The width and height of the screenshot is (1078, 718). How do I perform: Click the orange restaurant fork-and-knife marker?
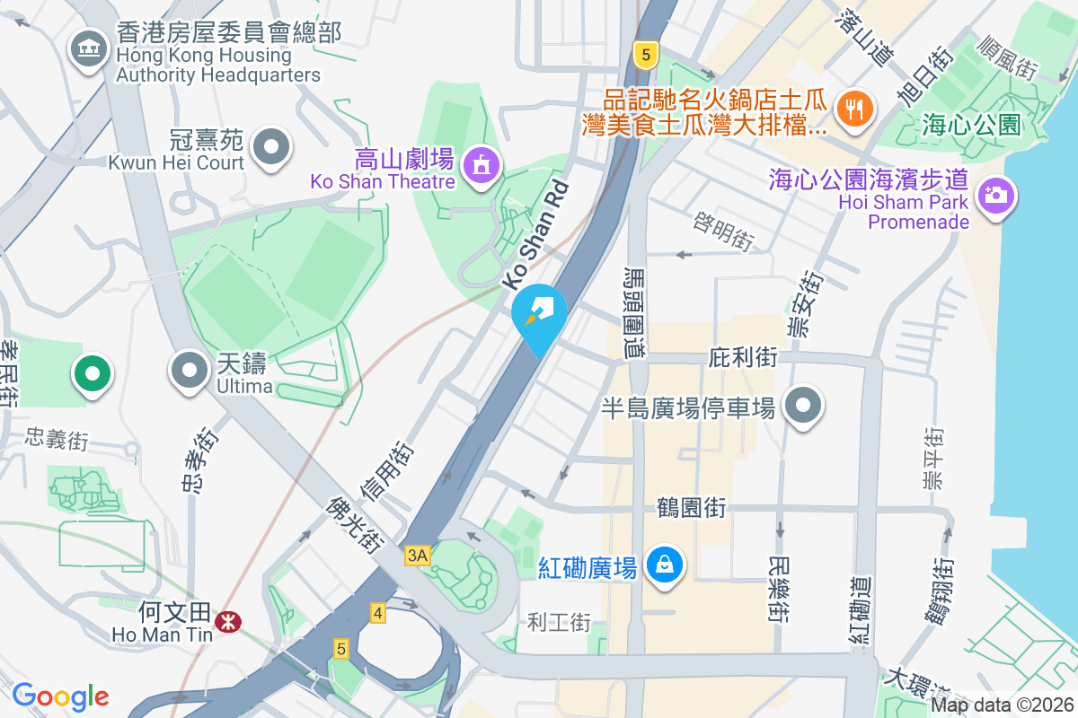pos(851,109)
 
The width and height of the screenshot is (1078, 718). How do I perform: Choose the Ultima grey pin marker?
pos(190,370)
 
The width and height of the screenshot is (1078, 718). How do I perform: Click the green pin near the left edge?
pos(92,372)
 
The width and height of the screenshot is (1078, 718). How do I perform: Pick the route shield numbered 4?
pos(378,614)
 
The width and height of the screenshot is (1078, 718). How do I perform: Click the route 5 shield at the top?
pos(643,54)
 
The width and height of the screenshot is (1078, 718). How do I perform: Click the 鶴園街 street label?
pos(691,508)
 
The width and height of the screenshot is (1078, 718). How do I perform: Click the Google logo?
pos(60,696)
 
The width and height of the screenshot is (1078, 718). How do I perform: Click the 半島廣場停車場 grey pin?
pos(803,406)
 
